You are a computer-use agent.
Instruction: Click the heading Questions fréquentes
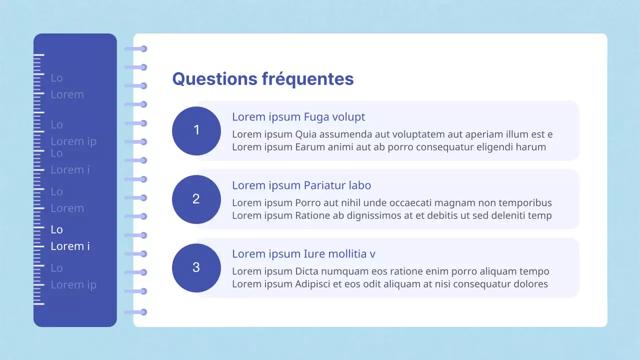tap(262, 79)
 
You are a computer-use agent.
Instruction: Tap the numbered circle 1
tap(196, 130)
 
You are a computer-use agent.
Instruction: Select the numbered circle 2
tap(196, 199)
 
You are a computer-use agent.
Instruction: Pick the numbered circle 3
tap(196, 267)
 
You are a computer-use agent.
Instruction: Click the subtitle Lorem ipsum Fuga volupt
tap(298, 117)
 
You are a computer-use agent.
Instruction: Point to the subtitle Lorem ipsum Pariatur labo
tap(301, 185)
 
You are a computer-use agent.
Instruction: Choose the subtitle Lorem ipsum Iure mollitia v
tap(303, 254)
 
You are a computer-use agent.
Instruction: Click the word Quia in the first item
tap(305, 134)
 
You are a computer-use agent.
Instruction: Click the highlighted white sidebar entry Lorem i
tap(70, 246)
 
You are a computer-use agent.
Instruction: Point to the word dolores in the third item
tap(529, 284)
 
